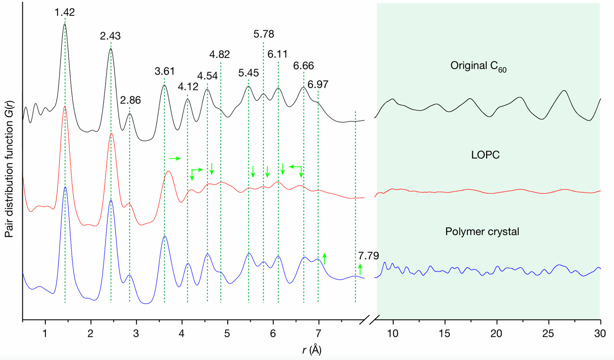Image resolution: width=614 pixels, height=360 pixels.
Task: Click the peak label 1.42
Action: click(64, 12)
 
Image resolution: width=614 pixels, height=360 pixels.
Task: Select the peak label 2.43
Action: click(110, 36)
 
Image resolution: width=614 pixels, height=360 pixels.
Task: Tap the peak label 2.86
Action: click(130, 101)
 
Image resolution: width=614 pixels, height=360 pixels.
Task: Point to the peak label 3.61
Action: click(165, 72)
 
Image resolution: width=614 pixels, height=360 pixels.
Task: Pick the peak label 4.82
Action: click(219, 54)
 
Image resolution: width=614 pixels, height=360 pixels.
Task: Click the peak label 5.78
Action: click(264, 34)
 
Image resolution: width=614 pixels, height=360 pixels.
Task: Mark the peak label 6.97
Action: click(318, 84)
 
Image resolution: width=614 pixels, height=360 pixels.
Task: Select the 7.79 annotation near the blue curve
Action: click(368, 255)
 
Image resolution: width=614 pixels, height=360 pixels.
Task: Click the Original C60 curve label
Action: click(478, 66)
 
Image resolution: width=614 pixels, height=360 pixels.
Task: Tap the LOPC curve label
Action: click(486, 155)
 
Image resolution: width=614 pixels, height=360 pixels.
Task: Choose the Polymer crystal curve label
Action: click(482, 232)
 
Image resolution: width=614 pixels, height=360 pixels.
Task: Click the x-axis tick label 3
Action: click(136, 333)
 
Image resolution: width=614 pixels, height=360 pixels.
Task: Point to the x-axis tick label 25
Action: click(548, 333)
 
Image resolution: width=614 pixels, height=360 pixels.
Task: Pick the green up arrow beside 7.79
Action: click(360, 270)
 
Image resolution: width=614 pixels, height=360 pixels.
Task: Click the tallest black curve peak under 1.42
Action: click(64, 24)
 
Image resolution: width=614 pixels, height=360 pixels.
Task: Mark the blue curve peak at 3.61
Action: click(165, 236)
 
